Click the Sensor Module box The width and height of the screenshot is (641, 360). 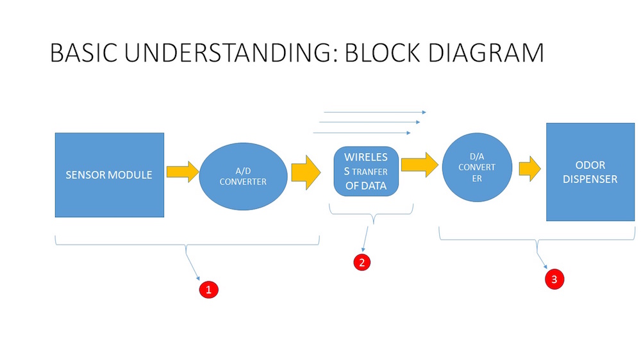(110, 175)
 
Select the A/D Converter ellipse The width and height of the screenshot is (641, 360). (243, 176)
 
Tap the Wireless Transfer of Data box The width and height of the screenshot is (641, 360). (366, 172)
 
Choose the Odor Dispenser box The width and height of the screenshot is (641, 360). (590, 172)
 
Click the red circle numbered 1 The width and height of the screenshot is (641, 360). (208, 290)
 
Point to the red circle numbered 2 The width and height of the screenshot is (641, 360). (362, 262)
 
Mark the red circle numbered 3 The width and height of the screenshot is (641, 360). (554, 279)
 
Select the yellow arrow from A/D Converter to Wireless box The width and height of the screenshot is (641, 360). (306, 172)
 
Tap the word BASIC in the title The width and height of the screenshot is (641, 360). (83, 53)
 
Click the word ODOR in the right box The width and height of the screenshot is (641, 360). (590, 165)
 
